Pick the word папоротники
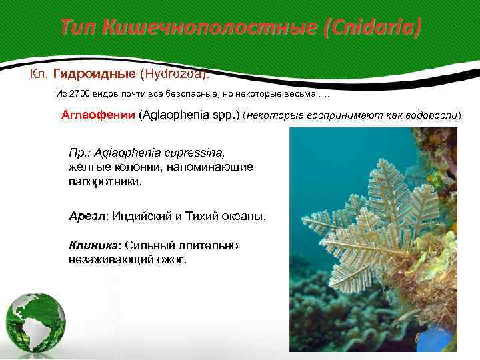click(105, 181)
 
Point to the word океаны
click(237, 217)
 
